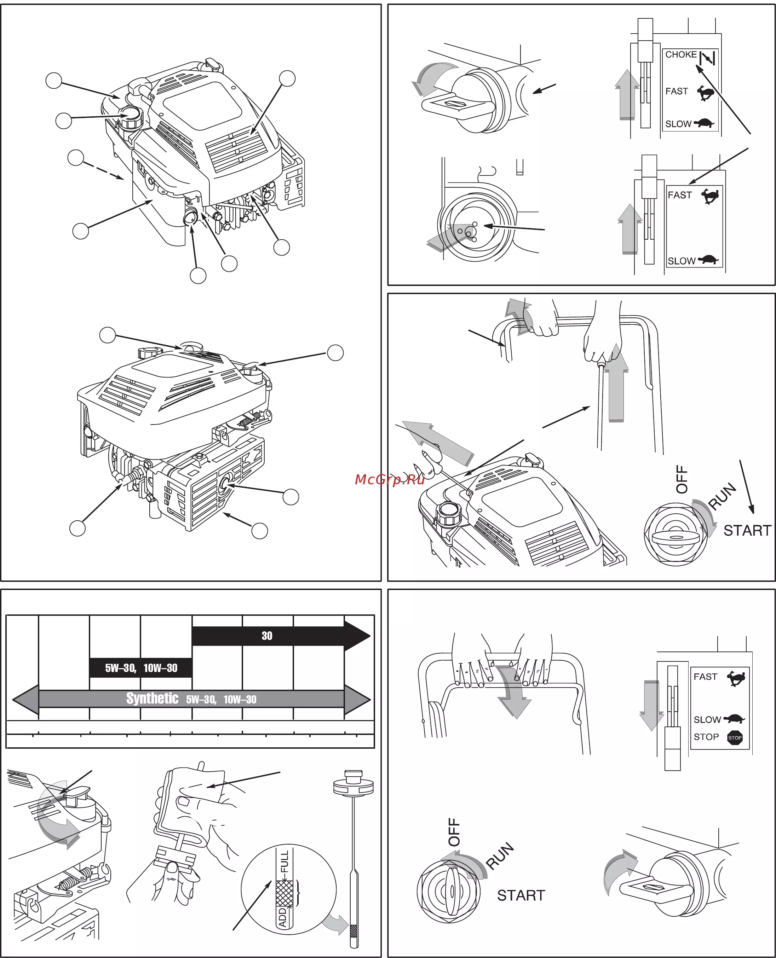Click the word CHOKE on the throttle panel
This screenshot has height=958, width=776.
coord(681,54)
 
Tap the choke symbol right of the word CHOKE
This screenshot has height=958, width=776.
coord(708,58)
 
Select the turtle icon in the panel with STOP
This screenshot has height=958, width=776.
coord(734,719)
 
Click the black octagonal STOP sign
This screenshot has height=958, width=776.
coord(735,737)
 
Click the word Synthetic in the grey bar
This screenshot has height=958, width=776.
coord(152,698)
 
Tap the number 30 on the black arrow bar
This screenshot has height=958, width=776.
coord(267,636)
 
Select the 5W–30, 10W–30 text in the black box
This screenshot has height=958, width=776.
coord(141,668)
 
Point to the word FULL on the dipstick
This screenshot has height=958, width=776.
coord(284,861)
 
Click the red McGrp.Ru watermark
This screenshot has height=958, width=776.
coord(389,479)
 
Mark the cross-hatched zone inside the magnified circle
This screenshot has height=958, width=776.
coord(284,893)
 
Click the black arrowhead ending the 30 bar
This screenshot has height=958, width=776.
coord(357,636)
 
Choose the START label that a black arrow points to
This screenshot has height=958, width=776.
coord(747,530)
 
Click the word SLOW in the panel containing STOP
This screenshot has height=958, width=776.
coord(707,719)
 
